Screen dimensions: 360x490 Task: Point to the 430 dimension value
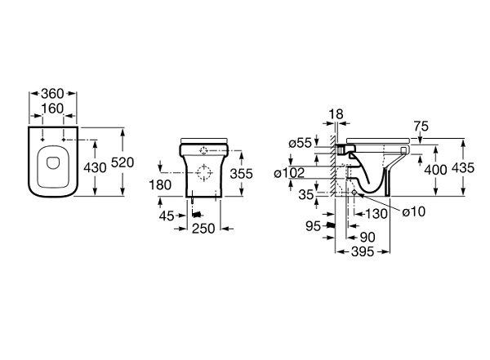(96, 168)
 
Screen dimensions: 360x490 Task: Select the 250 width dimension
(202, 229)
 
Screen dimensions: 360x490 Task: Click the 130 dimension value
(378, 213)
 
